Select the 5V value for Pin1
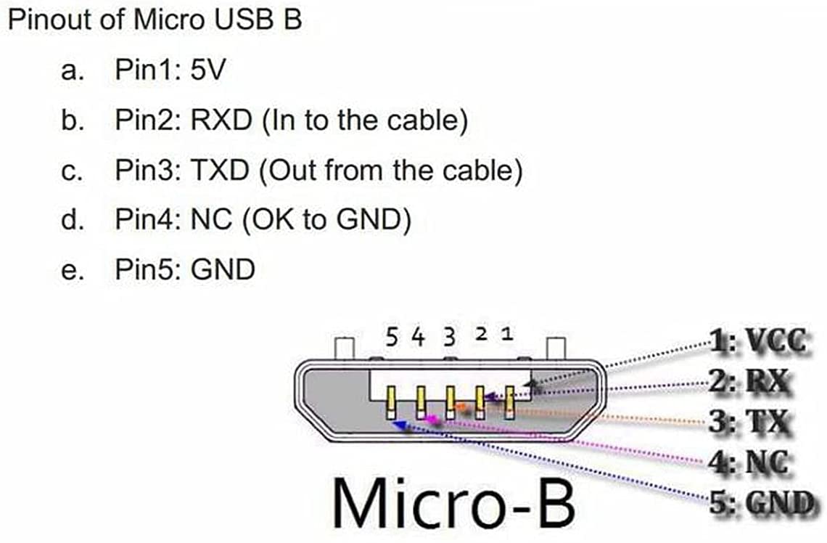tap(207, 70)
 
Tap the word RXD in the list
tap(221, 120)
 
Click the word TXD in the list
tap(219, 170)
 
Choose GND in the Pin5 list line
tap(223, 269)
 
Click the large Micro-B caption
tap(453, 502)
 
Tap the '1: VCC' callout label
tap(758, 341)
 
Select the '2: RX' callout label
tap(749, 381)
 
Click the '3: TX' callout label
tap(749, 422)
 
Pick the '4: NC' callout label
tap(749, 463)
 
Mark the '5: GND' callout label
tap(762, 503)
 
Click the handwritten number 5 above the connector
tap(391, 338)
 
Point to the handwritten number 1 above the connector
tap(507, 333)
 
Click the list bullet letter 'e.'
tap(73, 271)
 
